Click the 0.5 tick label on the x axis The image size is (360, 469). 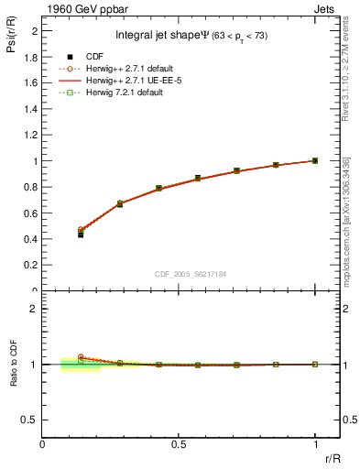pos(179,444)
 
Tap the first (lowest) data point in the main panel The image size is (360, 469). pos(81,234)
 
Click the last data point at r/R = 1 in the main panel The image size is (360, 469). pos(315,160)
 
